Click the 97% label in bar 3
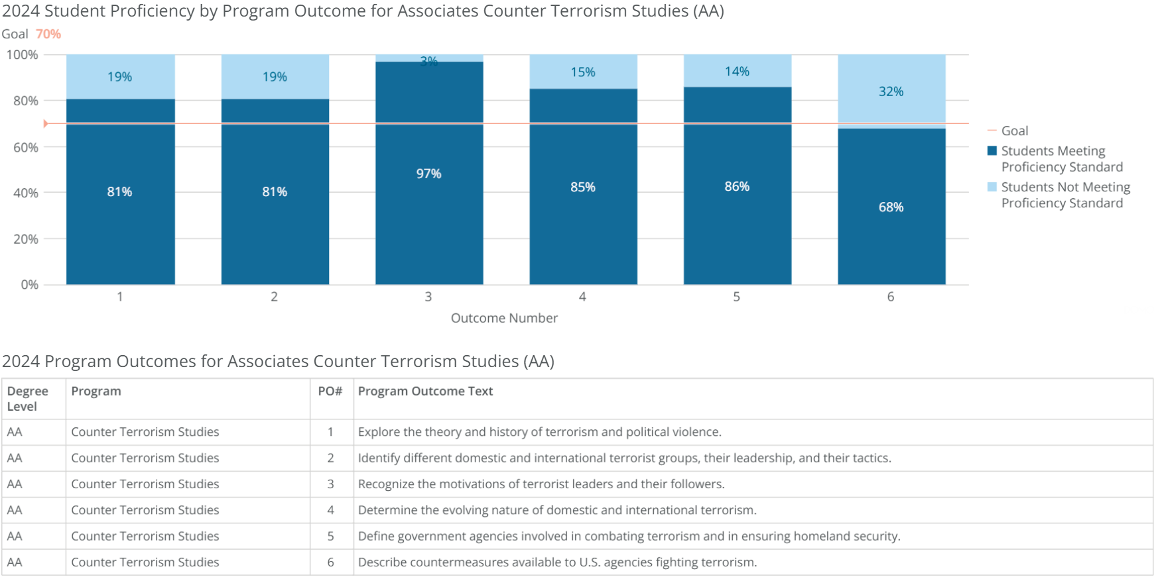point(428,174)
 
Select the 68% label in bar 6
point(891,207)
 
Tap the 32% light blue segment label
point(891,91)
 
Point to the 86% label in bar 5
point(737,187)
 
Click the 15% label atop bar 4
point(583,72)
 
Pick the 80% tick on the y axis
point(25,101)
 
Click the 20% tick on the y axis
point(25,238)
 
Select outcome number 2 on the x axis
point(274,297)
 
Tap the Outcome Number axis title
point(504,318)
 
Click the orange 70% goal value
point(48,34)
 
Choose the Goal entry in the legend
point(1014,131)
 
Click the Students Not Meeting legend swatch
point(992,187)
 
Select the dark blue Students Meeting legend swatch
point(992,151)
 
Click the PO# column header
point(330,392)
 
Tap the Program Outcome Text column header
point(425,392)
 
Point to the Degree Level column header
point(27,399)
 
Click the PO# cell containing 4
point(330,510)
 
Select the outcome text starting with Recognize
point(541,484)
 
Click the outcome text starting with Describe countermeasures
point(557,562)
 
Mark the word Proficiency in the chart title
point(156,11)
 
